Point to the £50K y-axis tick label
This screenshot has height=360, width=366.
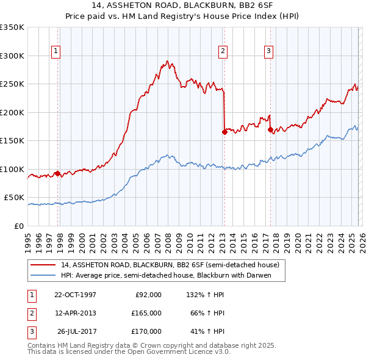tap(15, 198)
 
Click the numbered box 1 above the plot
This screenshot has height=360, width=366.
tap(56, 52)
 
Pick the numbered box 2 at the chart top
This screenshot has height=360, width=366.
tap(223, 52)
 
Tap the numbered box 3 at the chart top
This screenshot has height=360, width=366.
tap(268, 52)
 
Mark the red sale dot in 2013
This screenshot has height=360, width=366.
tap(224, 132)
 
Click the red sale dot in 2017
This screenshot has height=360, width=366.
tap(270, 129)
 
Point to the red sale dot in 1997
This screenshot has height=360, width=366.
tap(57, 173)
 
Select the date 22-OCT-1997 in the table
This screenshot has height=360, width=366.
tap(75, 295)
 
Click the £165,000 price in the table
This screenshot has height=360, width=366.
tap(147, 313)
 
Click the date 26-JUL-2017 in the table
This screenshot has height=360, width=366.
tap(76, 331)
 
